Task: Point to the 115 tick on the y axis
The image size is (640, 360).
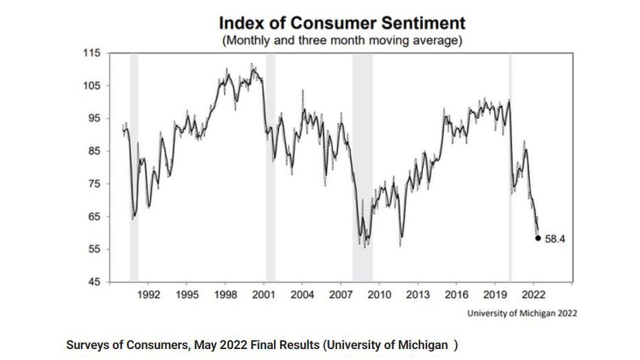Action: tap(91, 54)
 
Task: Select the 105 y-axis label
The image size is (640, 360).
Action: tap(91, 86)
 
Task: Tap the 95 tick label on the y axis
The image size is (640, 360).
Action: tap(93, 119)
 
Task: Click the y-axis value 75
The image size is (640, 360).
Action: tap(93, 184)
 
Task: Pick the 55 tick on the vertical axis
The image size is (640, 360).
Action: tap(93, 249)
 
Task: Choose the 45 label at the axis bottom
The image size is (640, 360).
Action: tap(93, 282)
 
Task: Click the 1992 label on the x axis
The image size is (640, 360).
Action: tap(148, 295)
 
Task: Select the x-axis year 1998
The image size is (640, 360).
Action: tap(226, 295)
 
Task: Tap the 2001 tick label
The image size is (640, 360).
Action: tap(264, 295)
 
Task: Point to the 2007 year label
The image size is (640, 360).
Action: tap(341, 295)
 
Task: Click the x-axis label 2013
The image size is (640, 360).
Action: tap(418, 295)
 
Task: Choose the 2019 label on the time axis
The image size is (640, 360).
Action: tap(495, 295)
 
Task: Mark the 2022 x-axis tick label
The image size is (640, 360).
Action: tap(534, 295)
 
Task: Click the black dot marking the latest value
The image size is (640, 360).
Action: tap(538, 238)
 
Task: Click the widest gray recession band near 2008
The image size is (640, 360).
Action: tap(363, 168)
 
